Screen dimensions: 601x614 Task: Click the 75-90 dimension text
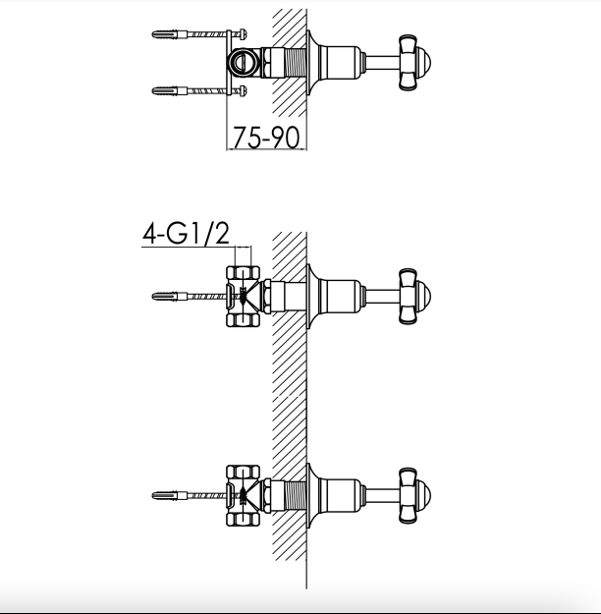click(x=266, y=138)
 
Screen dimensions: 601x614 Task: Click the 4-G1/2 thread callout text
click(x=186, y=234)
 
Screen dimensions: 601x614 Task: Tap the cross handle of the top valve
click(x=414, y=62)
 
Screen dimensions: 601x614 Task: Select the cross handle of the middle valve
click(x=414, y=297)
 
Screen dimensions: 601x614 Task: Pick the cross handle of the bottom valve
click(x=414, y=495)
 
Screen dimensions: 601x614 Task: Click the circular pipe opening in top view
click(x=240, y=62)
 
